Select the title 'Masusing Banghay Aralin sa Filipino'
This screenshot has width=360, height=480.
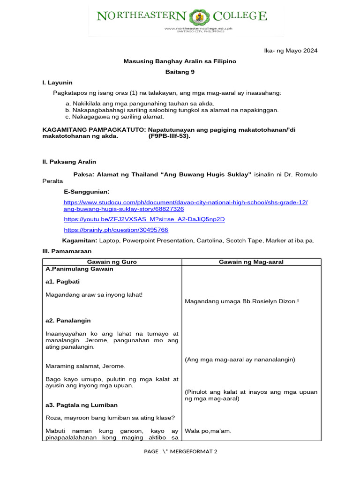(180, 61)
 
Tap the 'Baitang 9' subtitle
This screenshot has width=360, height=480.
(180, 72)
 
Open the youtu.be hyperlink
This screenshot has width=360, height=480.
(144, 219)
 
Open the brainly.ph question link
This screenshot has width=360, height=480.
(116, 230)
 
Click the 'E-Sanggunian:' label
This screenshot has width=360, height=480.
(86, 192)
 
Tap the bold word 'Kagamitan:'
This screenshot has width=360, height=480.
(80, 240)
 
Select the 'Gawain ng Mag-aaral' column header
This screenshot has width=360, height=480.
(251, 262)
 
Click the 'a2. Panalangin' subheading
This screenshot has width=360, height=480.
(68, 321)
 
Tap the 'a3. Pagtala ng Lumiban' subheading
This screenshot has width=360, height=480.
(82, 405)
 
